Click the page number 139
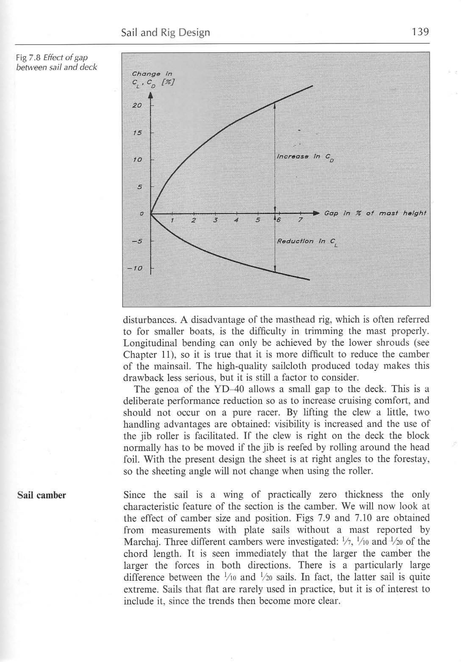(420, 32)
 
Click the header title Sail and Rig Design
(165, 33)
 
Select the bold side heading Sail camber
(42, 495)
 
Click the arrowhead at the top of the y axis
(151, 96)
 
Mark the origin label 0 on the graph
(141, 214)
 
